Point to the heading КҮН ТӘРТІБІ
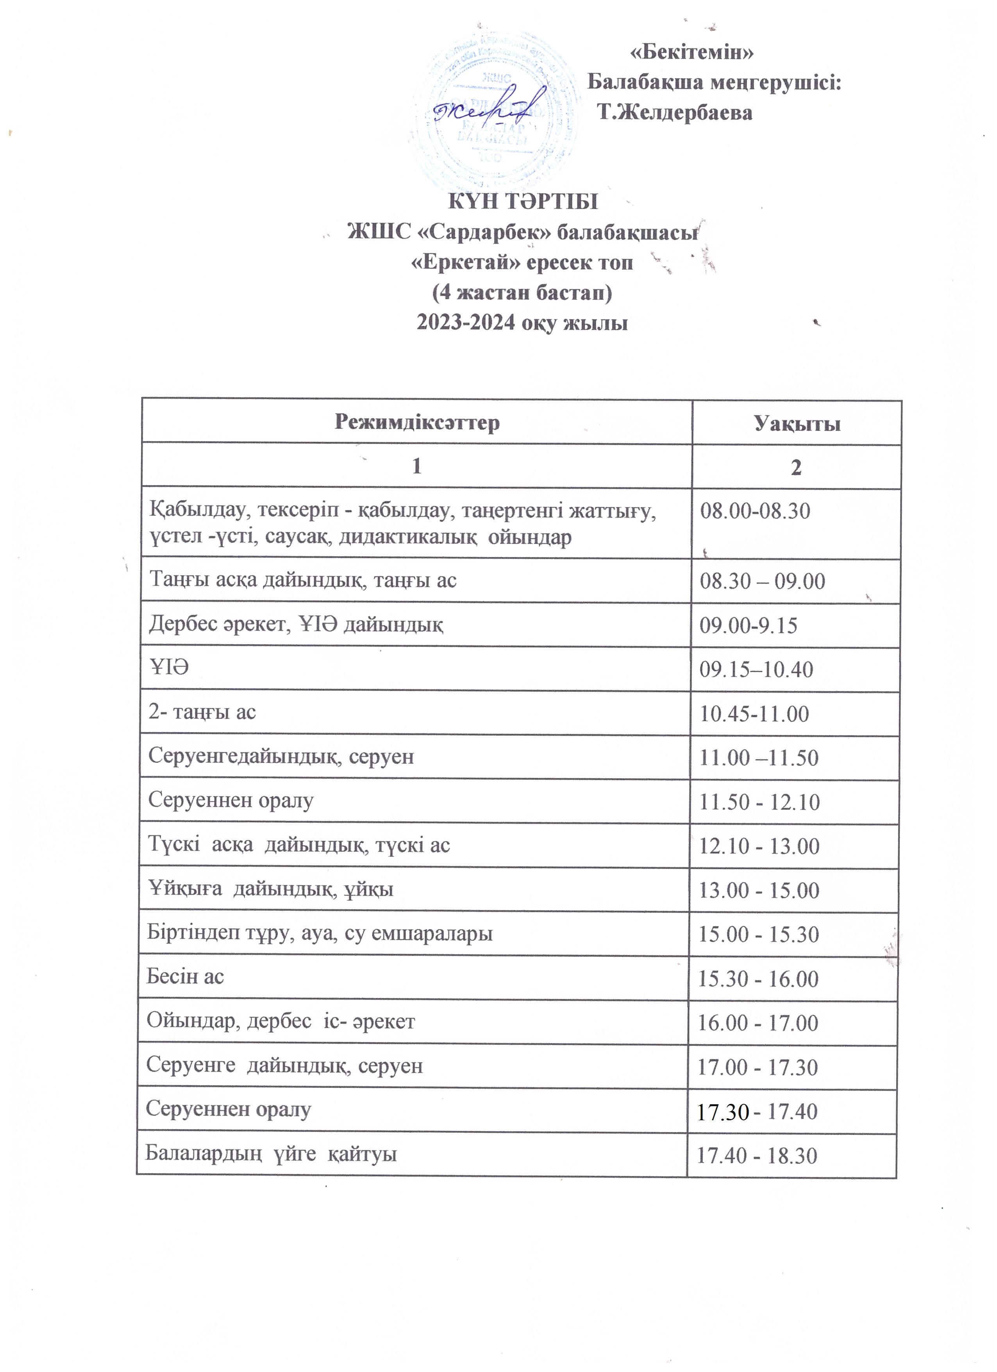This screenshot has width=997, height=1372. [x=522, y=201]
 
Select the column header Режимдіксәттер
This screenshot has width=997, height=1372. [x=417, y=422]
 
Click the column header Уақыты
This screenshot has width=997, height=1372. [x=797, y=423]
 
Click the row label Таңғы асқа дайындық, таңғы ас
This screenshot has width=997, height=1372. [x=303, y=580]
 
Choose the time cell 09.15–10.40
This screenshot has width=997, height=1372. [x=756, y=670]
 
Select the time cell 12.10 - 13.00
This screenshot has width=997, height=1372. [x=759, y=846]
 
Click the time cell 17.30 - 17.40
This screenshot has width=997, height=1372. [x=757, y=1111]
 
